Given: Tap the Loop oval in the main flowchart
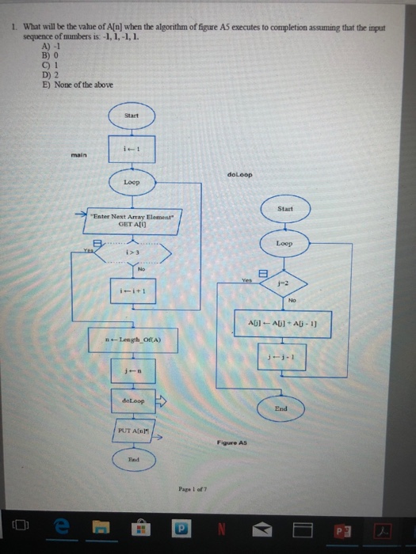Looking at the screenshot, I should pos(132,182).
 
